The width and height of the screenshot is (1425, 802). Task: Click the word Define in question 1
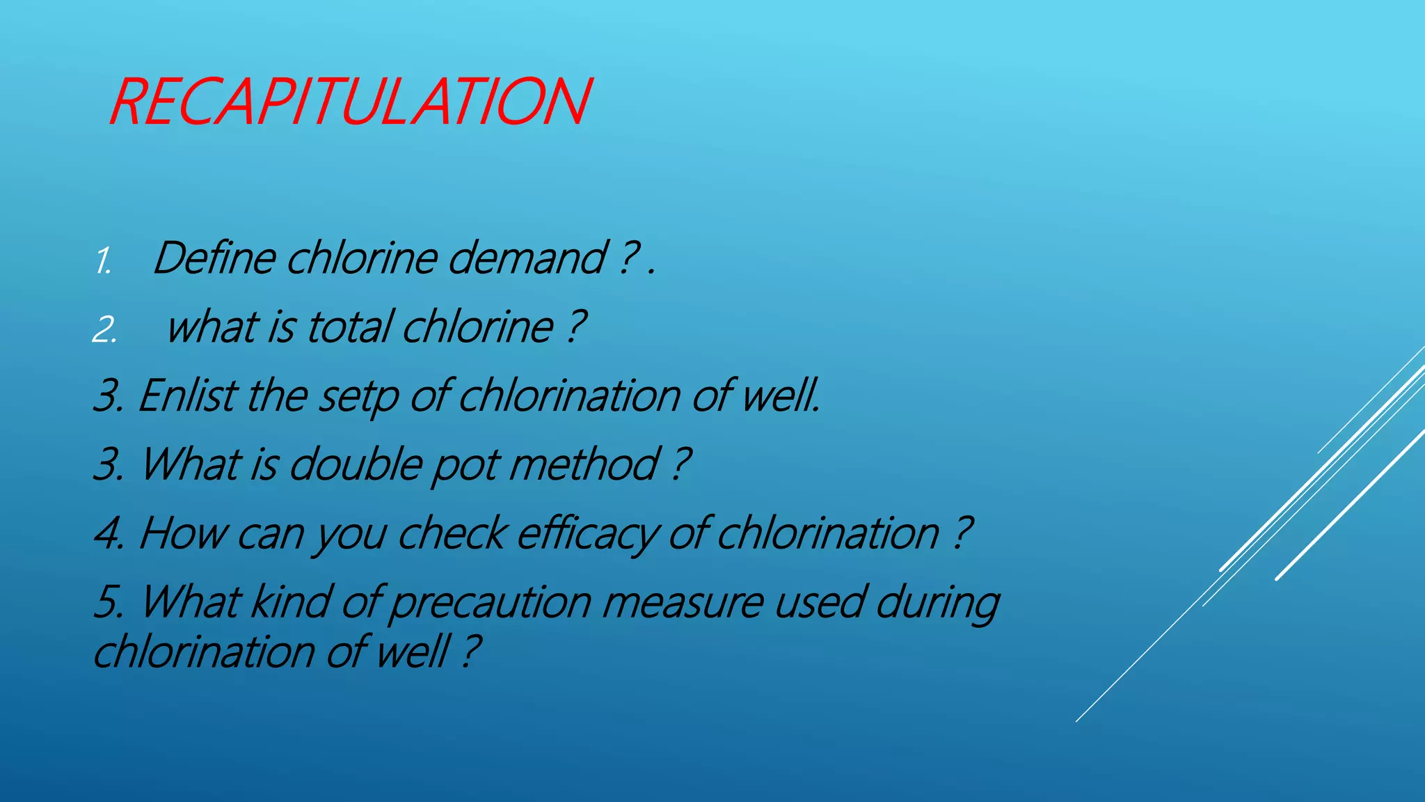click(x=214, y=258)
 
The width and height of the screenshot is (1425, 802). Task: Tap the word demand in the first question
click(x=527, y=258)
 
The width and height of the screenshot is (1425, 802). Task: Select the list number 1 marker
click(x=103, y=262)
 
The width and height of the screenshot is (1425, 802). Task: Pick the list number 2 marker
click(x=104, y=329)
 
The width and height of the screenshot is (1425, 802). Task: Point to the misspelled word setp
click(x=358, y=396)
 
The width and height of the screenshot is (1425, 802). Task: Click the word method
click(x=584, y=464)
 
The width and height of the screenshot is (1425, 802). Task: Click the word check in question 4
click(x=452, y=533)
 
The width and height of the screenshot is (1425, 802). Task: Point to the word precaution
click(x=490, y=603)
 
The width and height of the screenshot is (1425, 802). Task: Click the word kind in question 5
click(x=289, y=601)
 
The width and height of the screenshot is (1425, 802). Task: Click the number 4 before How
click(x=107, y=534)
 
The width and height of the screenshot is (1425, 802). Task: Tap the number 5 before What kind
click(x=107, y=602)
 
